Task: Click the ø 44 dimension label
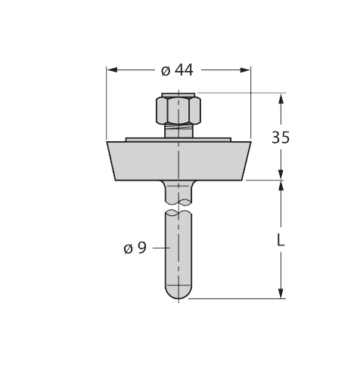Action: pos(177,70)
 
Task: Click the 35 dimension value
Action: pos(281,137)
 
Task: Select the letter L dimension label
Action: pos(281,239)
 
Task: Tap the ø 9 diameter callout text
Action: pos(135,248)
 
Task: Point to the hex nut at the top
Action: pos(178,110)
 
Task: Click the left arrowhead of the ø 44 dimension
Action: pos(112,70)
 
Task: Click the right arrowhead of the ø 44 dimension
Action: pos(245,70)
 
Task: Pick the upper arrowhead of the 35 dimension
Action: pos(281,98)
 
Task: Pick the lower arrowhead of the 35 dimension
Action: pos(281,174)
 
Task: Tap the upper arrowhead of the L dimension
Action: pos(281,186)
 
